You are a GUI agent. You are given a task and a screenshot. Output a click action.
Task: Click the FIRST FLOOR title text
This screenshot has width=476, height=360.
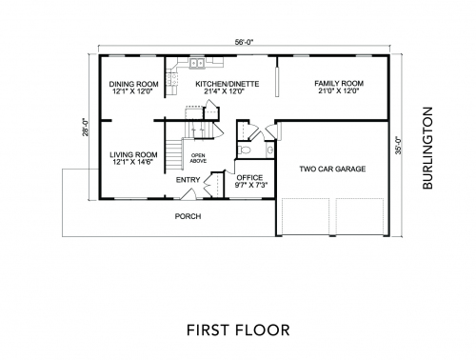coord(238,330)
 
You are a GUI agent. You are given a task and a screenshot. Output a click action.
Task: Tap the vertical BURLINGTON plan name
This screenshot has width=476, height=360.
coord(427,148)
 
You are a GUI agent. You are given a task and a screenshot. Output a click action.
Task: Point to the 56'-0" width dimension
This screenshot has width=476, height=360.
coord(245,42)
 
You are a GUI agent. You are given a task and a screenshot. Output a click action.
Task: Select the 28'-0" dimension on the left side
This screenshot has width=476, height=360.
coord(85,128)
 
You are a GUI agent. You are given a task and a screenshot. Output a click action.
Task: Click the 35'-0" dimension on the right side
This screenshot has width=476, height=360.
coord(398,146)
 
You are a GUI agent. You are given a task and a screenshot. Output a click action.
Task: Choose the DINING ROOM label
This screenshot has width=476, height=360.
coord(133,84)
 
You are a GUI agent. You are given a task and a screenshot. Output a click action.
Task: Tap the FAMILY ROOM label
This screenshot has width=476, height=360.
coord(339,84)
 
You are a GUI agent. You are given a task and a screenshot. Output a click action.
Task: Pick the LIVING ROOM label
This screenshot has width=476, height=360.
coord(133,155)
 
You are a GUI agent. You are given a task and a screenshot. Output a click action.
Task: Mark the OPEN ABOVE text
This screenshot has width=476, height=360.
coord(198,158)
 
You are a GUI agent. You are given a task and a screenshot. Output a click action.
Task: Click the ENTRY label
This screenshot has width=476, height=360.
coord(188,180)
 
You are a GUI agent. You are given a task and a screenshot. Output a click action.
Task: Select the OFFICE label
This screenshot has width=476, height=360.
coord(249,178)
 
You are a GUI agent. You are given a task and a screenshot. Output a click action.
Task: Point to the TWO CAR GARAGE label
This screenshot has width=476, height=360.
coord(332,169)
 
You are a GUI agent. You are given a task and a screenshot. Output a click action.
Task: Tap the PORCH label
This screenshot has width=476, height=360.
coord(188,216)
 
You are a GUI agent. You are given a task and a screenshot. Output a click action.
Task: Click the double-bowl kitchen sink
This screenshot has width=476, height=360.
coord(197,64)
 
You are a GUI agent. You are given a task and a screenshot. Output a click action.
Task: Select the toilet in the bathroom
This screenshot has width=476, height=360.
coord(245,150)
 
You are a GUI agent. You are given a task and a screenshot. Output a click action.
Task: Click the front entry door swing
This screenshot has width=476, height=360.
coord(188,194)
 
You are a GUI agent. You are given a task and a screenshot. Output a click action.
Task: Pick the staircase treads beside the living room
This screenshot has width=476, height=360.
coord(173,155)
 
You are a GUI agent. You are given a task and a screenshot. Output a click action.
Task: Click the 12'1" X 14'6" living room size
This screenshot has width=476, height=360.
coord(133,162)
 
